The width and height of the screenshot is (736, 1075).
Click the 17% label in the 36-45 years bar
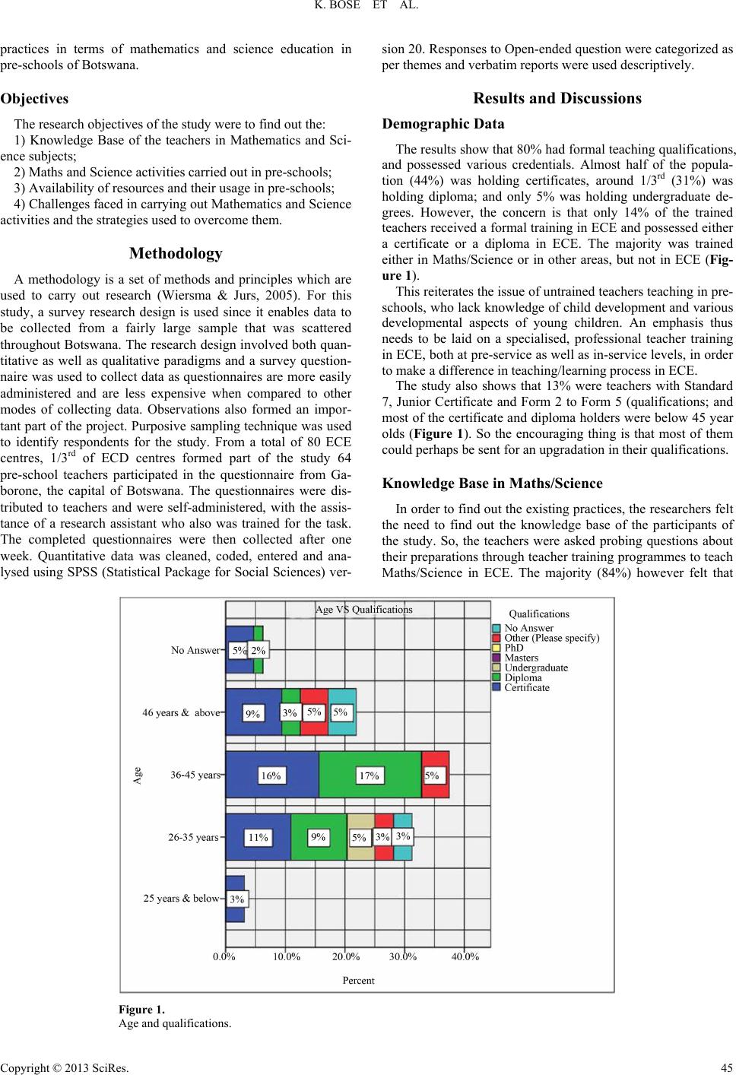(x=370, y=775)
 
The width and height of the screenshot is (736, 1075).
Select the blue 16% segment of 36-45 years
(x=272, y=775)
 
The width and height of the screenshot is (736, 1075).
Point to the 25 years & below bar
(x=235, y=899)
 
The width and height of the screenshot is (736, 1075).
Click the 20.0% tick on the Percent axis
(x=345, y=957)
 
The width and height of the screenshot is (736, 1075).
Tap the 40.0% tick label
(x=465, y=957)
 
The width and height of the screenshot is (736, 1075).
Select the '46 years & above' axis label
(x=181, y=713)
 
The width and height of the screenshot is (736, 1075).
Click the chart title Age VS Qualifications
(x=363, y=609)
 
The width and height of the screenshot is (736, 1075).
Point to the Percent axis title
(x=358, y=980)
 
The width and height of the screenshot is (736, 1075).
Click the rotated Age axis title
(x=138, y=775)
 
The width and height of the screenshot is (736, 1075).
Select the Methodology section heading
(x=176, y=252)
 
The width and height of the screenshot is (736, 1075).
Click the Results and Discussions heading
(x=557, y=98)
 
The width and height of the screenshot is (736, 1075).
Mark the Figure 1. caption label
(x=141, y=1010)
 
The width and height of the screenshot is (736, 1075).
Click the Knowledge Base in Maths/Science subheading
(x=493, y=484)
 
